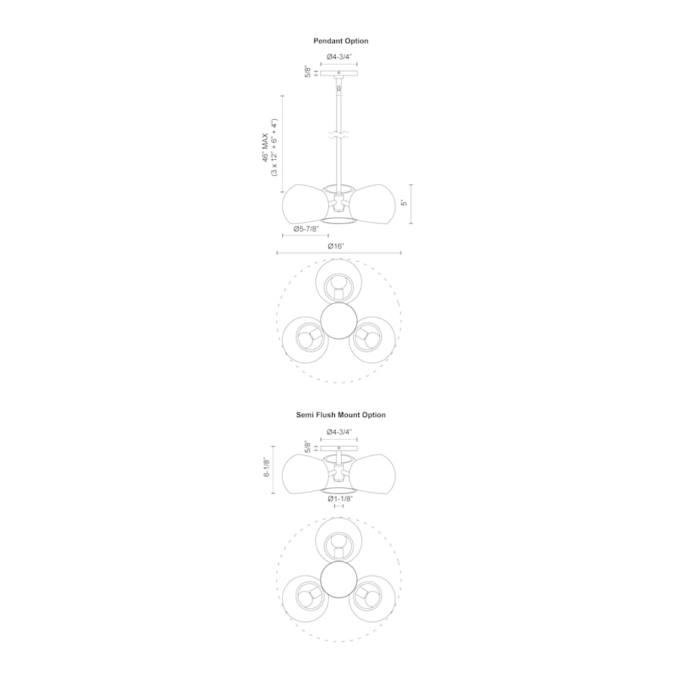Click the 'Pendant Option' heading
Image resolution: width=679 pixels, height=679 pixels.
(340, 41)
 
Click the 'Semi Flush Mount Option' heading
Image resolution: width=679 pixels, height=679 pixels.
(340, 415)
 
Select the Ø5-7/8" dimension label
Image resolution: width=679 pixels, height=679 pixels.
(306, 229)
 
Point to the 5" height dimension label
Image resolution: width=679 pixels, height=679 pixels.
(404, 203)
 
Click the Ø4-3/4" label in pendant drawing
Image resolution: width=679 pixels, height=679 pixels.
(339, 57)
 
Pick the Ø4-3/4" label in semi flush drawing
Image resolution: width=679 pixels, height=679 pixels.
(339, 432)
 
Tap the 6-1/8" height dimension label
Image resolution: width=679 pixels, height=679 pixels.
(266, 467)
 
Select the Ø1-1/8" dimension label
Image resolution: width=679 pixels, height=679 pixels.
(340, 499)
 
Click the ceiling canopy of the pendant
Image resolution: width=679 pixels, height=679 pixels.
(339, 73)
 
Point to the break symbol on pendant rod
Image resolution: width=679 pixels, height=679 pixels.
(339, 135)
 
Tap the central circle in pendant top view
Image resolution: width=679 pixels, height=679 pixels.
(338, 320)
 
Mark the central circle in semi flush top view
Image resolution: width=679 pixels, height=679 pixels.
(338, 579)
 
